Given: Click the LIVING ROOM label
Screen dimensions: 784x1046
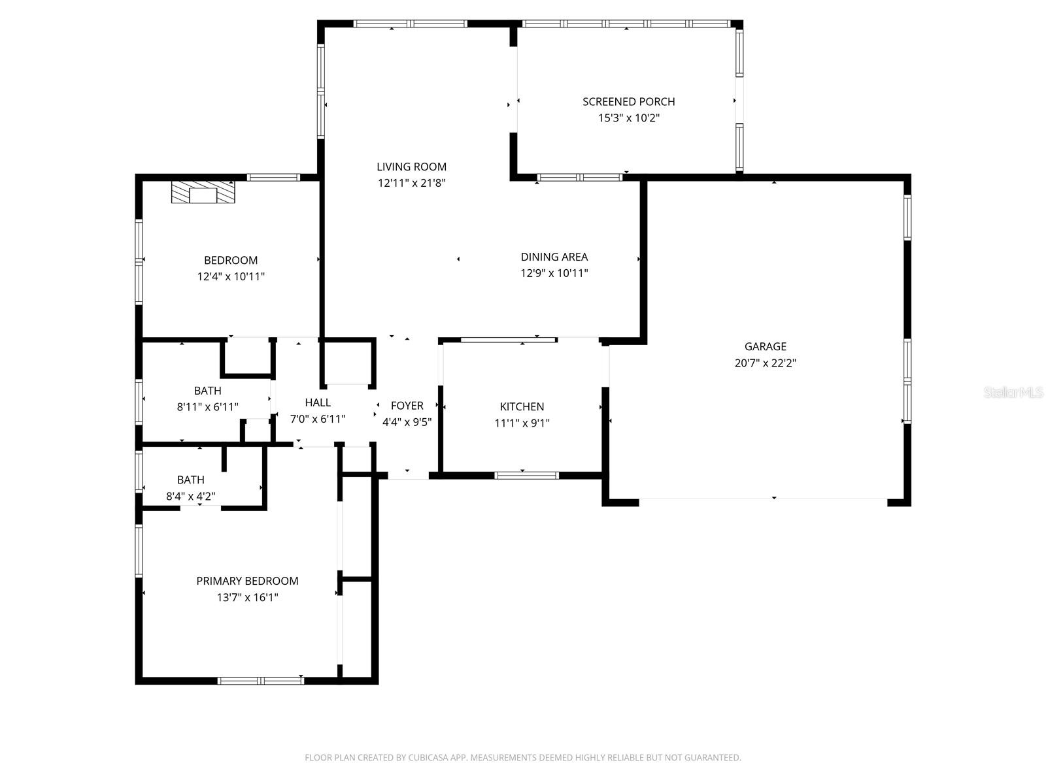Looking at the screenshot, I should pyautogui.click(x=411, y=167).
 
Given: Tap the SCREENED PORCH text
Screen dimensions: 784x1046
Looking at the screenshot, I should pyautogui.click(x=628, y=101).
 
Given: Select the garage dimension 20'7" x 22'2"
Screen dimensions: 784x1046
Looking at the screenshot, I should pyautogui.click(x=765, y=363).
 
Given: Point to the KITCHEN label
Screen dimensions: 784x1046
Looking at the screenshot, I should pyautogui.click(x=522, y=406).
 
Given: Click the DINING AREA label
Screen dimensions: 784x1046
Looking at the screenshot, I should pyautogui.click(x=554, y=257).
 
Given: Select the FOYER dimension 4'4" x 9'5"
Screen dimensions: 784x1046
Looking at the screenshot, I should pyautogui.click(x=407, y=422).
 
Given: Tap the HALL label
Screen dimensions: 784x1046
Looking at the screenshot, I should pyautogui.click(x=318, y=402).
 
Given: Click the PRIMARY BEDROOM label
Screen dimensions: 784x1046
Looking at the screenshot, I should pyautogui.click(x=247, y=581).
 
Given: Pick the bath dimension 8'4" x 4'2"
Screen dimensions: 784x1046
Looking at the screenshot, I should pyautogui.click(x=190, y=497).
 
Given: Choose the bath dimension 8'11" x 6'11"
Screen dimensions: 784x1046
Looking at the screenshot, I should pyautogui.click(x=207, y=407).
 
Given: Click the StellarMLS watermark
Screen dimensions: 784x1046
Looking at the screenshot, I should pyautogui.click(x=1013, y=393).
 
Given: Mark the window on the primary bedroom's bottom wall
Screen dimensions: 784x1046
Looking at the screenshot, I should pyautogui.click(x=261, y=681).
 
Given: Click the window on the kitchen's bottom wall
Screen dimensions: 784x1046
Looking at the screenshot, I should pyautogui.click(x=526, y=475).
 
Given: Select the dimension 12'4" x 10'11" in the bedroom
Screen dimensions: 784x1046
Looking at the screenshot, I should pyautogui.click(x=231, y=276).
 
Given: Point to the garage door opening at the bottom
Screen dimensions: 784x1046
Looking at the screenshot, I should pyautogui.click(x=763, y=500).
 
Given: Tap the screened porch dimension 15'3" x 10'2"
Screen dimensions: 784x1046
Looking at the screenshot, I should pyautogui.click(x=628, y=118).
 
